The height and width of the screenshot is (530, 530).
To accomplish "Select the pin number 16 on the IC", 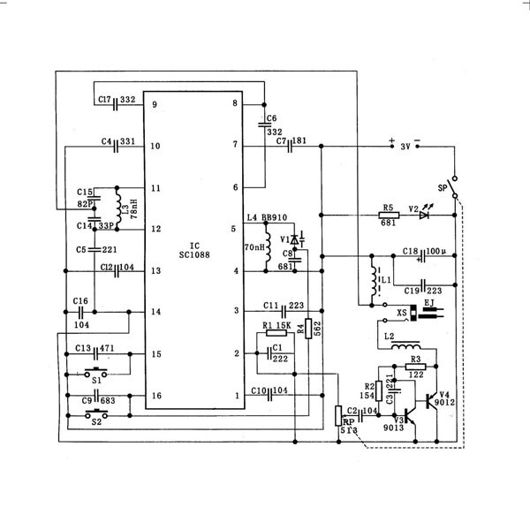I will point(155,397).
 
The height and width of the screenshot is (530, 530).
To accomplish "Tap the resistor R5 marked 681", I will point(386,216).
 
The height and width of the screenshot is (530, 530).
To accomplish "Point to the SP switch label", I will point(443,187).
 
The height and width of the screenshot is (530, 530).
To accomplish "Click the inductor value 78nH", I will point(132,208).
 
